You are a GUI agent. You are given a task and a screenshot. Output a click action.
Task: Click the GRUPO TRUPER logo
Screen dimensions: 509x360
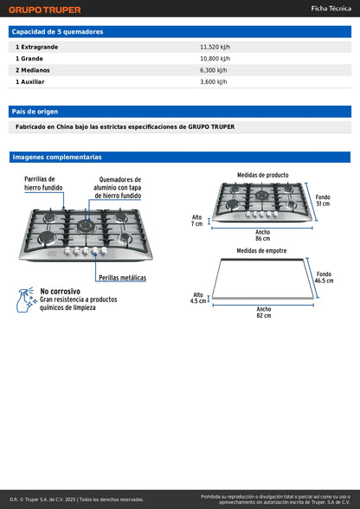coord(45,10)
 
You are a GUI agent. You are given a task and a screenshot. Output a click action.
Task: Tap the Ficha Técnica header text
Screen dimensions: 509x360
coord(331,8)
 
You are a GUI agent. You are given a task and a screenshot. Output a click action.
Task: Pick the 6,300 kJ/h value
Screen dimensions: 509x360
coord(213,70)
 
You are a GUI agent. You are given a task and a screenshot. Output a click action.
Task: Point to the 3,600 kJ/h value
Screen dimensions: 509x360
coord(213,81)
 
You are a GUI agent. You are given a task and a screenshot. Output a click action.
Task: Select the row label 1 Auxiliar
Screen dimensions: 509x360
coord(30,81)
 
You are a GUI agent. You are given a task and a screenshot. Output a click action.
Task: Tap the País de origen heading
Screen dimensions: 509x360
coord(35,112)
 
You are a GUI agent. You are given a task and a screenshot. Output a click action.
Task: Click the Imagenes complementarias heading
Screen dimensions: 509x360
coord(56,158)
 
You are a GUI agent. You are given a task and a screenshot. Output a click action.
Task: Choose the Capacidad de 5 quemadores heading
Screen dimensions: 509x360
coord(57,31)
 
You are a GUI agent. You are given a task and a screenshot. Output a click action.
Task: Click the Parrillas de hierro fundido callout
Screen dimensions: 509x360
coord(43,182)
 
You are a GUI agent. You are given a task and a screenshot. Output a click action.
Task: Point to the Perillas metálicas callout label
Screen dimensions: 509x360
coord(122,278)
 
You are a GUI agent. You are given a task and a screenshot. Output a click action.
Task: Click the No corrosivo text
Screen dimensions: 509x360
coord(60,292)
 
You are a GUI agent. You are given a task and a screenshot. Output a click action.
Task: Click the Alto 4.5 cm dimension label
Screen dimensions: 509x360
coord(199,298)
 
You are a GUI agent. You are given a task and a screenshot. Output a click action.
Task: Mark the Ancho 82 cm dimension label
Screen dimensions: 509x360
coord(263,312)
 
